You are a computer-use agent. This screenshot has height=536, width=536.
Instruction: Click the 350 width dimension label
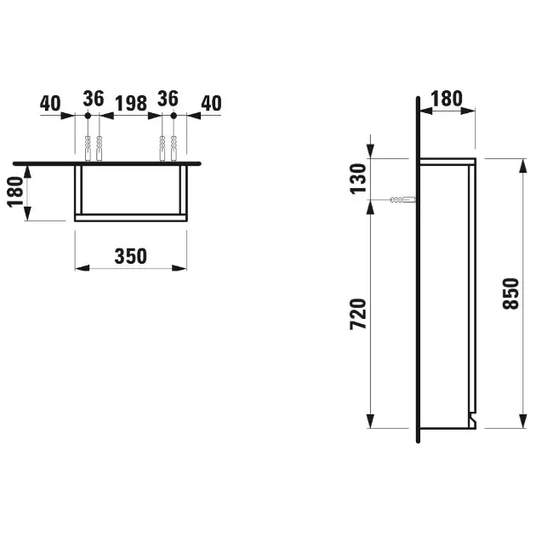pos(130,256)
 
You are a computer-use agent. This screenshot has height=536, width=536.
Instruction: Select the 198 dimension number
pos(131,103)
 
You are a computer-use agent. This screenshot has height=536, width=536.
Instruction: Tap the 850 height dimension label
pos(511,294)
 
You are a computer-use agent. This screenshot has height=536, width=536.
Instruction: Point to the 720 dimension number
pos(358,314)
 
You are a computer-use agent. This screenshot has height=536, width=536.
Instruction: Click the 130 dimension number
pos(358,179)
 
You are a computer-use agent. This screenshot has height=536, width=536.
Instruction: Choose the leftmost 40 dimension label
pos(50,103)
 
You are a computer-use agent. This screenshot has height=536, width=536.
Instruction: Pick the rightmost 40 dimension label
pos(211,103)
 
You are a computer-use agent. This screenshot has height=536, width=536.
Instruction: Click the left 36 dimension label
pos(94,99)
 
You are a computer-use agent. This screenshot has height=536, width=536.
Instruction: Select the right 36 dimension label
pos(168,99)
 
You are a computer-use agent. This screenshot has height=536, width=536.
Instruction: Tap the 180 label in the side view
pos(447,99)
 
